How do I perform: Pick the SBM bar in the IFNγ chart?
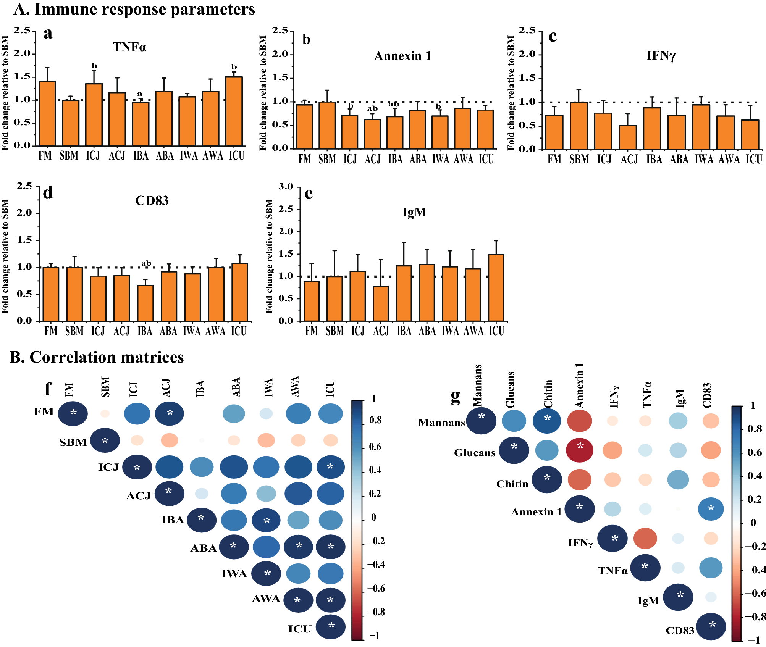579,126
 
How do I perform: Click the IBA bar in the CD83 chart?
145,303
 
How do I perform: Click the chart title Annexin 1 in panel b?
402,56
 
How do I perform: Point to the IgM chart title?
414,212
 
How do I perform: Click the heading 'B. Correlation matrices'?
97,357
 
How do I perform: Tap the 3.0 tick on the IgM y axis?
286,187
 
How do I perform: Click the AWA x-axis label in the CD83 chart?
215,331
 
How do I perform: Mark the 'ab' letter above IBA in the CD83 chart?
146,263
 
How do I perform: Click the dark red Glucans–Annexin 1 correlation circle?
580,450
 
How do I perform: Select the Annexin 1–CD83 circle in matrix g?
711,509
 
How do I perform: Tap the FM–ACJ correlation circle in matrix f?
170,413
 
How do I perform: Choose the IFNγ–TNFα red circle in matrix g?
645,539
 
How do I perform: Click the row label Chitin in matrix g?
512,484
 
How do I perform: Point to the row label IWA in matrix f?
234,574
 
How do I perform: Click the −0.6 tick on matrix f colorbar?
376,588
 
